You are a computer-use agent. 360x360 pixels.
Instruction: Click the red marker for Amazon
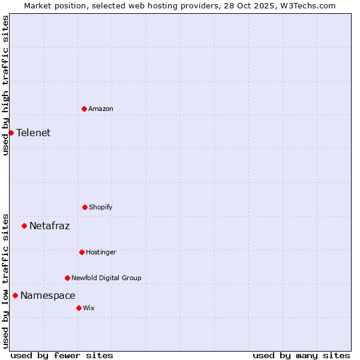(x=84, y=109)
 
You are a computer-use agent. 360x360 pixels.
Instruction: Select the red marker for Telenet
(x=11, y=133)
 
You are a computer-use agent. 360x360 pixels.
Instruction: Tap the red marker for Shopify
(x=85, y=207)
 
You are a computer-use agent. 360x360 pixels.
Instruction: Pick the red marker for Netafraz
(x=24, y=226)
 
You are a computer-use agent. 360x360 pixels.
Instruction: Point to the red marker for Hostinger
(x=82, y=252)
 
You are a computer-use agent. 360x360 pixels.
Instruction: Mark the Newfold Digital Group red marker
(x=67, y=278)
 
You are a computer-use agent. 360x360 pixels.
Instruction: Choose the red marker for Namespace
(x=15, y=295)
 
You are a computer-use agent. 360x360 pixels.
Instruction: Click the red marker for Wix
(x=79, y=308)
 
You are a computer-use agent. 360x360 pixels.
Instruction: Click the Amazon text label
(x=101, y=109)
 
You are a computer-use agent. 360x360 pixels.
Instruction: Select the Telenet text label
(x=34, y=133)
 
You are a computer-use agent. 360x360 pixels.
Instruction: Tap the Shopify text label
(x=101, y=207)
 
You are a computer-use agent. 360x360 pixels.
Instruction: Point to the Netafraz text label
(x=50, y=226)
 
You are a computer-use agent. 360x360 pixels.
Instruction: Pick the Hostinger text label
(x=101, y=252)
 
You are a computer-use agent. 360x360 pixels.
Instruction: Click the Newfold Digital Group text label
(x=107, y=278)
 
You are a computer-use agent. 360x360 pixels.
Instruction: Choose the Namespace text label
(x=48, y=296)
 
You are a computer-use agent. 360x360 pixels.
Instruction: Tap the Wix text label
(x=89, y=308)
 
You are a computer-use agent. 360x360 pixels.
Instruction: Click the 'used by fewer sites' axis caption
(x=62, y=355)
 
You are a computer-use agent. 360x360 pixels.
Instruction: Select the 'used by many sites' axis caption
(x=301, y=355)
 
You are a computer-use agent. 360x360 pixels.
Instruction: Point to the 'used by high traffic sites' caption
(x=5, y=85)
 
